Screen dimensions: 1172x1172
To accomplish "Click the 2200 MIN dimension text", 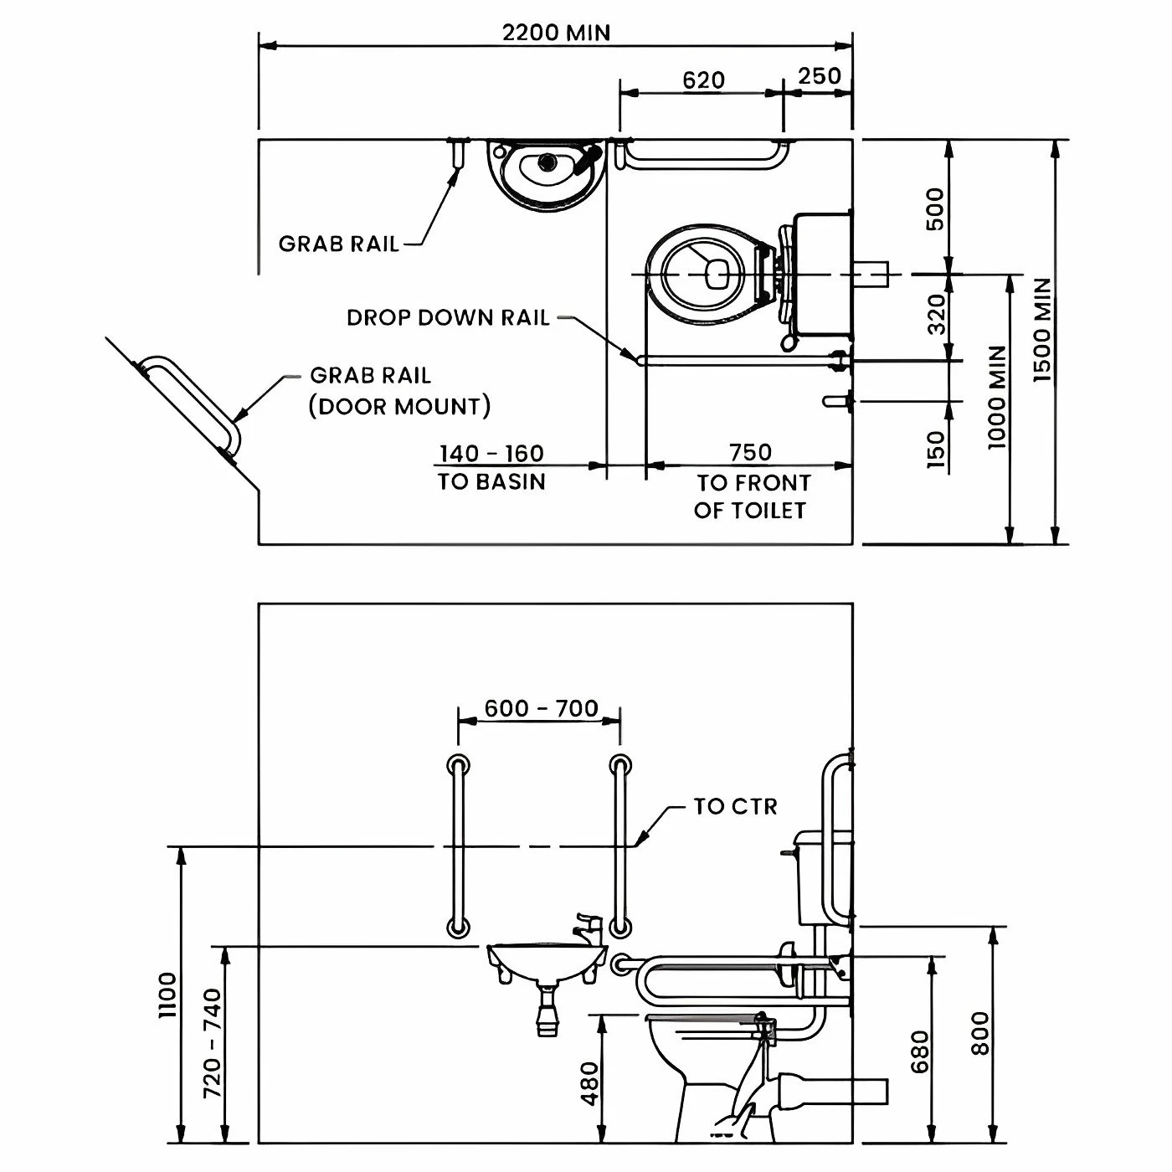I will click(556, 33).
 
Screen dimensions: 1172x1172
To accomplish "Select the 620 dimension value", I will click(703, 80).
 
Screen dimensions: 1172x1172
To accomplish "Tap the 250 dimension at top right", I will click(819, 76).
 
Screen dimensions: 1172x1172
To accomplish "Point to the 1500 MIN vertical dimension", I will click(1042, 331).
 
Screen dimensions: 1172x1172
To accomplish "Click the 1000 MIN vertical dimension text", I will click(996, 397).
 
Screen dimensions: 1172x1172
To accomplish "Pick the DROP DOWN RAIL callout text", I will click(448, 318).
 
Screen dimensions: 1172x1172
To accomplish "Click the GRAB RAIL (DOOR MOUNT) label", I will click(399, 391).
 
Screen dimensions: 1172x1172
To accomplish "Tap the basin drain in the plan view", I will click(548, 161).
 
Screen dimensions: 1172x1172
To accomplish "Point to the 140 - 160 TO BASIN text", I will click(491, 467).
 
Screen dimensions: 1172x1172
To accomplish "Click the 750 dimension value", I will click(750, 452).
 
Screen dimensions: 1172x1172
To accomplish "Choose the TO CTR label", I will click(735, 806).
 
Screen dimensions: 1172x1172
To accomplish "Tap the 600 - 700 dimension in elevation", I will click(541, 708).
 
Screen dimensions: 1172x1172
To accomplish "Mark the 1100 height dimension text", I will click(168, 995).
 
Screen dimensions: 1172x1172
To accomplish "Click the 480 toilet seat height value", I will click(590, 1083).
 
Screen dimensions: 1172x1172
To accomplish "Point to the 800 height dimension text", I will click(980, 1033).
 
